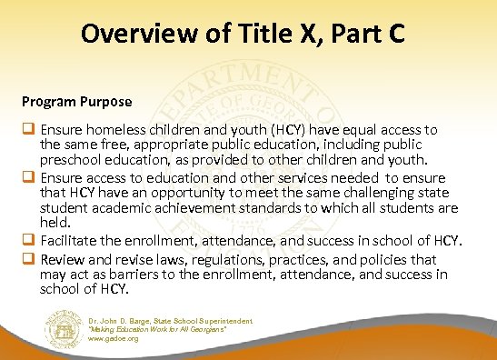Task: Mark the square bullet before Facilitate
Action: [29, 240]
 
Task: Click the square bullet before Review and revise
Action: [29, 257]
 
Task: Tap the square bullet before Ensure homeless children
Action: [29, 130]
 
